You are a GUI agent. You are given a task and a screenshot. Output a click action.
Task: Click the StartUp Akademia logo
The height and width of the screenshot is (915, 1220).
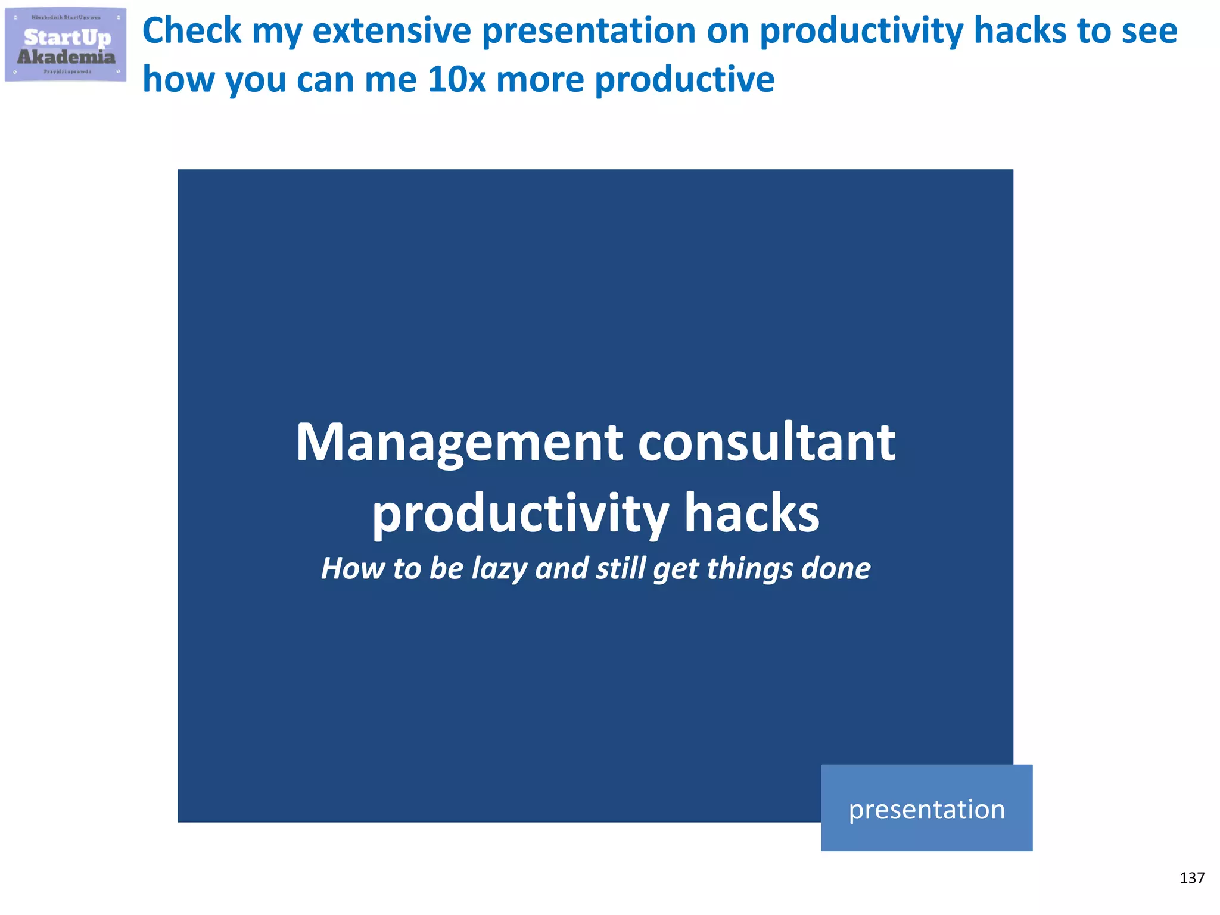coord(66,45)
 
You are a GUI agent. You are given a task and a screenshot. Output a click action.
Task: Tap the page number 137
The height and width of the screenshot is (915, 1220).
coord(1191,878)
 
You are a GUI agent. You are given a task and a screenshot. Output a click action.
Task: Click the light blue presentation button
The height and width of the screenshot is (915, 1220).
coord(926,808)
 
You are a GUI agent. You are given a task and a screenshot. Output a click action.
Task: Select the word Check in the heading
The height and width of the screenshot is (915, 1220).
coord(192,31)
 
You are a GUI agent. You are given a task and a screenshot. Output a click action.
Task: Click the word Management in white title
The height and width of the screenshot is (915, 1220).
coord(459,444)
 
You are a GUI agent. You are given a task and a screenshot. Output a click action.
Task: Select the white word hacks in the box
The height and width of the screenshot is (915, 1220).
coord(752,514)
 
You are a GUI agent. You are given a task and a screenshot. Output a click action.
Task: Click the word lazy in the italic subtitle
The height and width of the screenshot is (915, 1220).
coord(499,569)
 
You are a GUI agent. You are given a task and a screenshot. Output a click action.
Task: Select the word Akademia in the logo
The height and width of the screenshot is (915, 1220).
coord(66,57)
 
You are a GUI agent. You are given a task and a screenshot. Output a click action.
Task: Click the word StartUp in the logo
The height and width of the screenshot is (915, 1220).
coord(67,38)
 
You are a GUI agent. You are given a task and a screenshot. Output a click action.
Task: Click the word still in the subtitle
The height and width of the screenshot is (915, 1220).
coord(621,569)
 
